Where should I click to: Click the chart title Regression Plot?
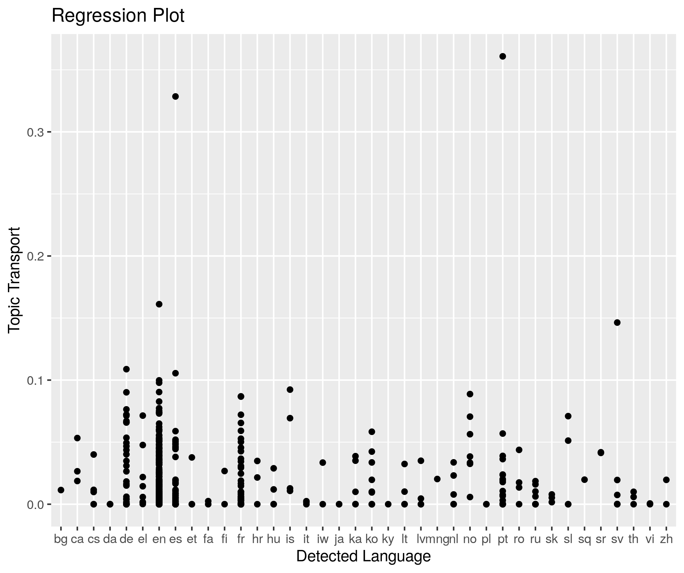pyautogui.click(x=118, y=16)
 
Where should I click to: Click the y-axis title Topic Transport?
pyautogui.click(x=14, y=279)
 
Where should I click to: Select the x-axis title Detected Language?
pyautogui.click(x=363, y=556)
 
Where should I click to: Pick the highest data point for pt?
pyautogui.click(x=503, y=56)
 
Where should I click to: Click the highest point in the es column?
pyautogui.click(x=175, y=96)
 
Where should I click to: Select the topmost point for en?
pyautogui.click(x=159, y=304)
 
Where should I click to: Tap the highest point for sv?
pyautogui.click(x=617, y=322)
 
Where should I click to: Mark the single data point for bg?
pyautogui.click(x=61, y=490)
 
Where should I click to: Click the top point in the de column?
pyautogui.click(x=126, y=369)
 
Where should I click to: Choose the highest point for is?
pyautogui.click(x=290, y=390)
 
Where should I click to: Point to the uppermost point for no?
pyautogui.click(x=470, y=394)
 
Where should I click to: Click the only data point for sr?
pyautogui.click(x=601, y=453)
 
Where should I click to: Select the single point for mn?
pyautogui.click(x=437, y=479)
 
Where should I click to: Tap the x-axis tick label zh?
pyautogui.click(x=666, y=539)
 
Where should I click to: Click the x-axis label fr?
pyautogui.click(x=241, y=539)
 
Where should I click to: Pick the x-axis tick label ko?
pyautogui.click(x=372, y=539)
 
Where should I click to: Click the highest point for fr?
pyautogui.click(x=241, y=396)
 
